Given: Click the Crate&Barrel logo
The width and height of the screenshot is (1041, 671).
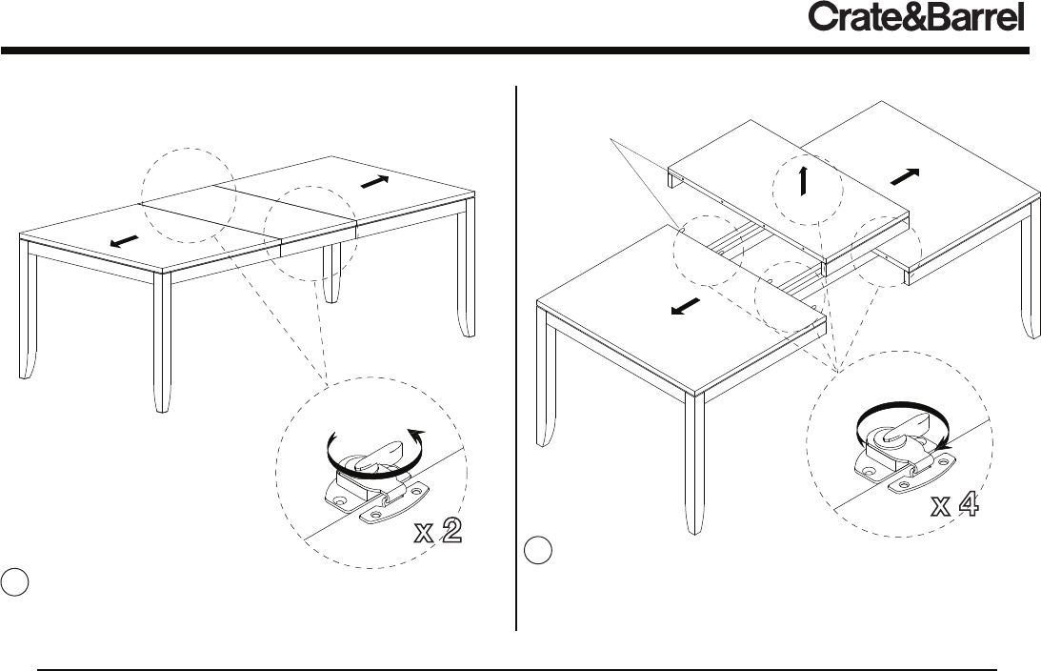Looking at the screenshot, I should point(915,18).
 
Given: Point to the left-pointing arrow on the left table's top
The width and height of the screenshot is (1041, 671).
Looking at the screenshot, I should point(124,241).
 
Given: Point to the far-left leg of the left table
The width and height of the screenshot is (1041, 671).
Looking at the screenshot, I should point(29,315).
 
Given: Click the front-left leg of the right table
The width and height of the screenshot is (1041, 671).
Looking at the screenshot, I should point(546,381).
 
